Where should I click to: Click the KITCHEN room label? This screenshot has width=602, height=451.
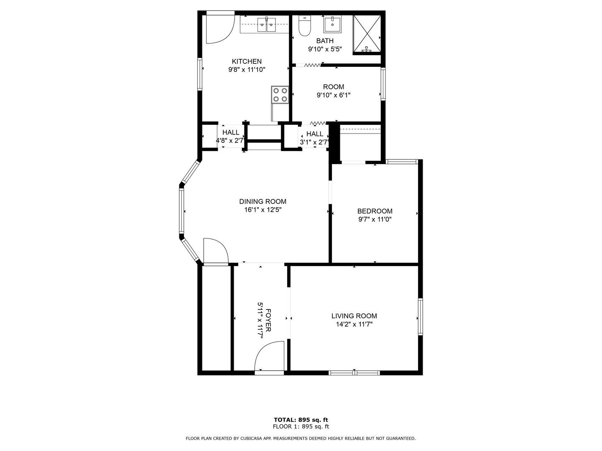click(x=247, y=61)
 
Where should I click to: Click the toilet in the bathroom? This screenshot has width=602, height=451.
click(x=304, y=26)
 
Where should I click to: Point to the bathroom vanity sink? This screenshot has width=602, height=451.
click(x=332, y=24)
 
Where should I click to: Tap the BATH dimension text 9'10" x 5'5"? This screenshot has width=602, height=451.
click(x=325, y=49)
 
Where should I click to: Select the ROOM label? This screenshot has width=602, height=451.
click(x=333, y=87)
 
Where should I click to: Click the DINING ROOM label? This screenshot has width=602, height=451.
click(x=263, y=202)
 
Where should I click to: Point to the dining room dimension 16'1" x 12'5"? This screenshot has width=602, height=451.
click(x=263, y=210)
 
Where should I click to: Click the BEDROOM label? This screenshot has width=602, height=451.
click(x=375, y=211)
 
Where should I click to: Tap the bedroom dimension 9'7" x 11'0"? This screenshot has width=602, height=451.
click(x=375, y=219)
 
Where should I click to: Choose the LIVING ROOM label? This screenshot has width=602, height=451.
click(x=354, y=316)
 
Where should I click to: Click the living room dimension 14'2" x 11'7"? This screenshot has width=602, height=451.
click(x=354, y=324)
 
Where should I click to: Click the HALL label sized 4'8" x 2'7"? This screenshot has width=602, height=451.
click(x=231, y=132)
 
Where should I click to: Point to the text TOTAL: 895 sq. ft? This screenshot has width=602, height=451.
click(x=301, y=420)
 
